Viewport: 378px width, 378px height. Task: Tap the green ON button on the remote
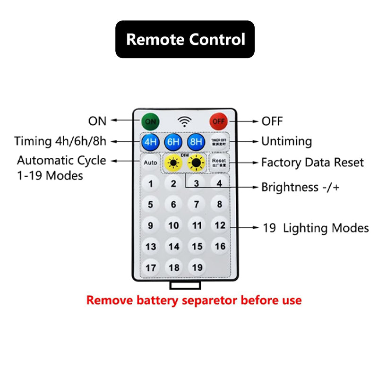point(150,121)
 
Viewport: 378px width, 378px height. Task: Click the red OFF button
point(218,121)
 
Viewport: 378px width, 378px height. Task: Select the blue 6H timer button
point(173,142)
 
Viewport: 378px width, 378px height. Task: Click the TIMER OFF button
point(219,142)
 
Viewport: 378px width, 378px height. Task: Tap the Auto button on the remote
point(150,163)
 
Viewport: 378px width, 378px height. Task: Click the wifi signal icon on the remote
point(184,121)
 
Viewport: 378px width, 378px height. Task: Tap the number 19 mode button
point(197,267)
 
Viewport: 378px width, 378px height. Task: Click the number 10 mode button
point(174,225)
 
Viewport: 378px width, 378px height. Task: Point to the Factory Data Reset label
point(312,163)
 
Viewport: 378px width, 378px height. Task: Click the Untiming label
point(287,141)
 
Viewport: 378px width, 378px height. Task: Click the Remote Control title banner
point(185,39)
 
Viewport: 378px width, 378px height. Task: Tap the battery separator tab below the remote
point(185,285)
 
